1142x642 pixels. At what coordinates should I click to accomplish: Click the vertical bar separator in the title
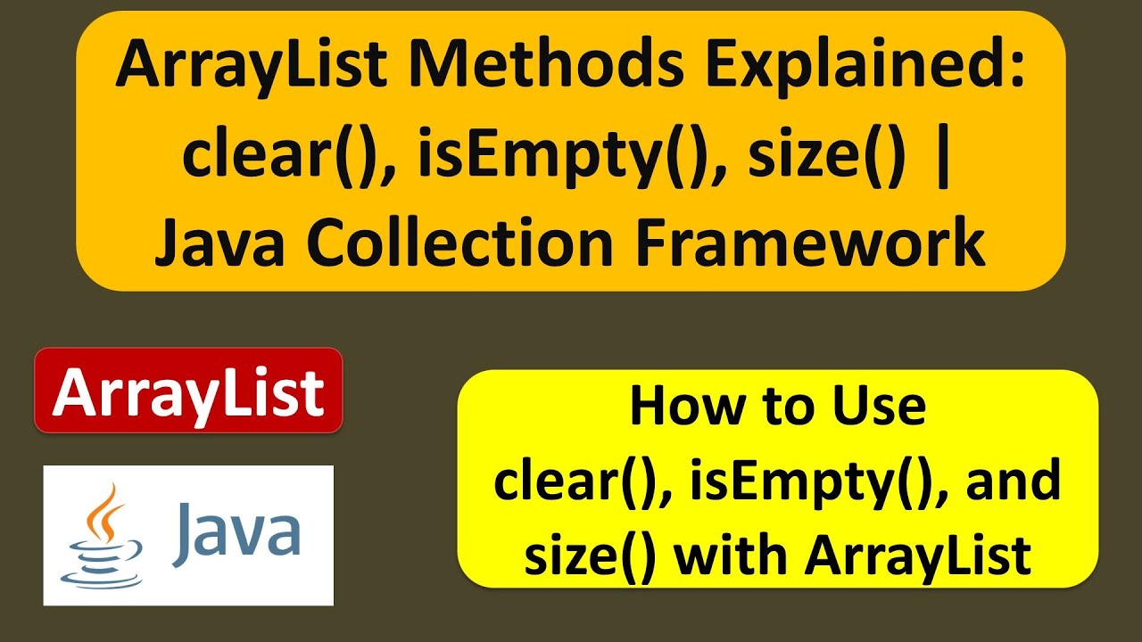946,156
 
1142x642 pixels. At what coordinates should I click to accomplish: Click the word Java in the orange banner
221,243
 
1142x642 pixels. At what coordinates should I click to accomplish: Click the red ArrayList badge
188,391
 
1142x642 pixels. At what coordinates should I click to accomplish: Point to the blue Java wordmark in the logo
236,533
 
